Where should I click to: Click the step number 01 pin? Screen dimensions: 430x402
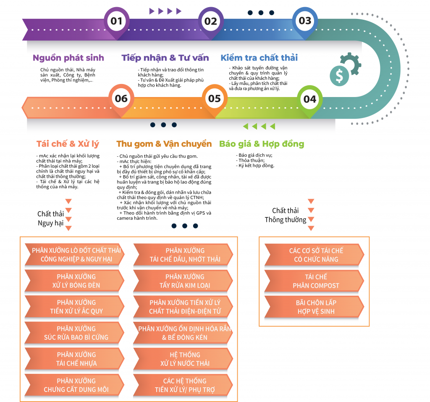[x=117, y=21]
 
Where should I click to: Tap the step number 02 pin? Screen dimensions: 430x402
[x=211, y=21]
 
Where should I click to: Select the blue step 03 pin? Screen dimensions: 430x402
[x=305, y=21]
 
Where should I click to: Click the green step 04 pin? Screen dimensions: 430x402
[x=309, y=99]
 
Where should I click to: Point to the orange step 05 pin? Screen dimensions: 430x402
[x=215, y=99]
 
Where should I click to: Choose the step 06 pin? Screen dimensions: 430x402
[x=121, y=99]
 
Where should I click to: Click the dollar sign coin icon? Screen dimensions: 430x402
[x=339, y=76]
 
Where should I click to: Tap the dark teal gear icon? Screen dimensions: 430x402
[x=351, y=63]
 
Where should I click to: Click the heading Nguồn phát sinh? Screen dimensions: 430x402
[x=68, y=58]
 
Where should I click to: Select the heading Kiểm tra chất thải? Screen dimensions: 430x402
[x=259, y=58]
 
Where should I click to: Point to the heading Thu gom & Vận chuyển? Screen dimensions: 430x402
[x=164, y=144]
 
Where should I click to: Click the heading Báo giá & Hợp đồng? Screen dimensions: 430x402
[x=262, y=144]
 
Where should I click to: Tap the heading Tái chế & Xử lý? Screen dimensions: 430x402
[x=68, y=144]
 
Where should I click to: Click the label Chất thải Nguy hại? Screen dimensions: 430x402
[x=51, y=218]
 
